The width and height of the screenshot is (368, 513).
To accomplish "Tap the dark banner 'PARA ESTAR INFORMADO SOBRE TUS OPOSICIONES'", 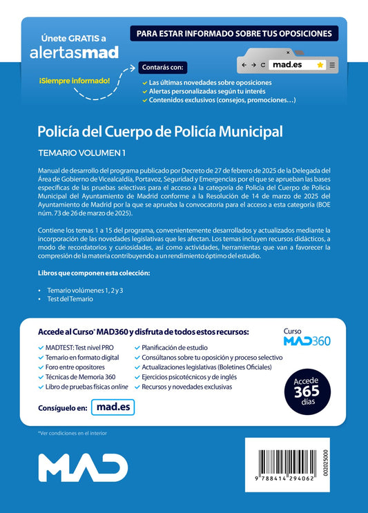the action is pos(234,32).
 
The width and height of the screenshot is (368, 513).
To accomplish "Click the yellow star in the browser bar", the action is pos(320,64).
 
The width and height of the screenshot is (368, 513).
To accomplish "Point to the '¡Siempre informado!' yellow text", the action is pos(75,81).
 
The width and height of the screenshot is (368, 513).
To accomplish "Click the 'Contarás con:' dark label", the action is pos(162,68).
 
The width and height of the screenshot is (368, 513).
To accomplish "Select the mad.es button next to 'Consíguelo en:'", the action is pos(112,408).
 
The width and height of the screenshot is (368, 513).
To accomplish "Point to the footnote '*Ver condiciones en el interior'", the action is pos(72,433).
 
